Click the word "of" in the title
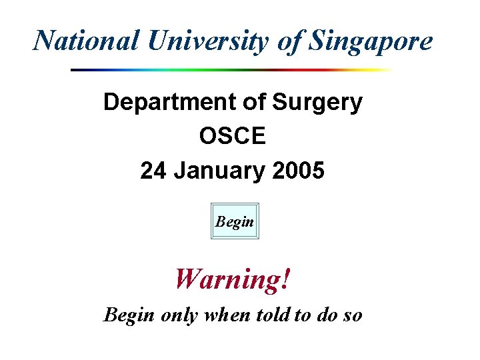tap(291, 41)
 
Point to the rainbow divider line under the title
tap(231, 69)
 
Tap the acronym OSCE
tap(232, 137)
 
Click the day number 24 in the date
tap(153, 171)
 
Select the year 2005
tap(299, 171)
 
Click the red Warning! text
tap(233, 278)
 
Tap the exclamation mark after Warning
tap(286, 278)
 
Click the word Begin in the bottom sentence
tap(129, 315)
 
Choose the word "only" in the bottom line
tap(179, 315)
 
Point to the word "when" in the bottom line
tap(227, 315)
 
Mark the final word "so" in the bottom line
tap(352, 315)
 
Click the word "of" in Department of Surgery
tap(256, 103)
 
